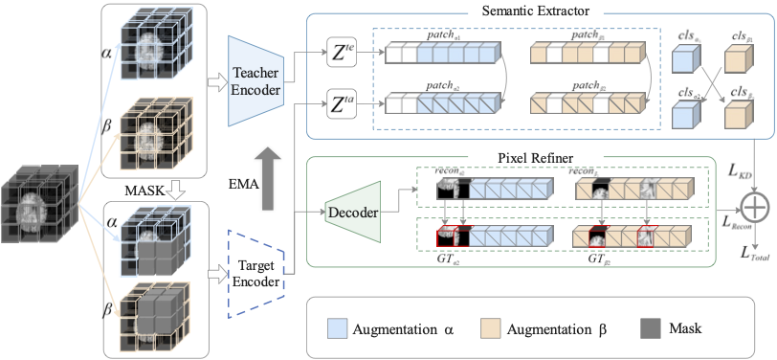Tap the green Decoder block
(x=352, y=212)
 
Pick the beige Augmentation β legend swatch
(x=492, y=328)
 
